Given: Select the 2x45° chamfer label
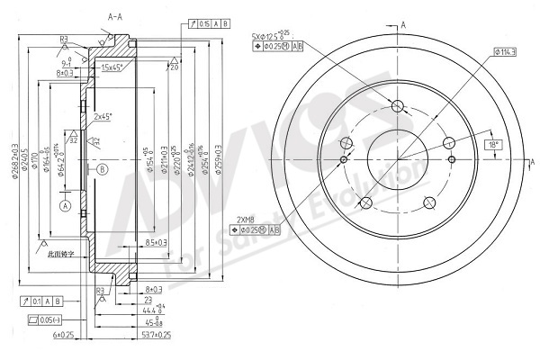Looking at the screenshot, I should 103,115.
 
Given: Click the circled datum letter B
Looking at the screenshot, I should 103,168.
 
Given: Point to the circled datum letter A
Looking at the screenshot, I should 65,205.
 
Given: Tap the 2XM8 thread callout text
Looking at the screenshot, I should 246,220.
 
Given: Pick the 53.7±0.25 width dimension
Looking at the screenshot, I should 157,335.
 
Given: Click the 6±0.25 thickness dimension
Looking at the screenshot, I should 65,335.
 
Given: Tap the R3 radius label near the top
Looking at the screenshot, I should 65,39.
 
